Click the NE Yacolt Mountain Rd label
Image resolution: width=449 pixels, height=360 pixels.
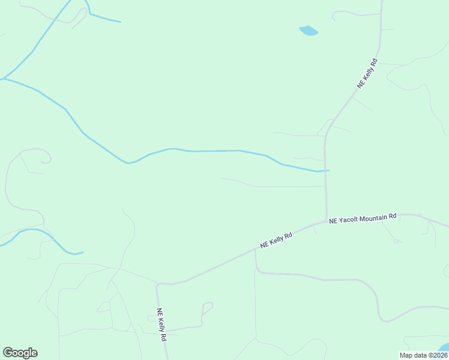363,218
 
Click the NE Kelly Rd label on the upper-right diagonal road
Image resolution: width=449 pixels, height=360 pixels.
367,74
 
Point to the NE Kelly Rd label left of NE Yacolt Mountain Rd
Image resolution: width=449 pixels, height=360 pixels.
276,239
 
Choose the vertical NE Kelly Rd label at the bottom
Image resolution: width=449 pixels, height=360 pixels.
161,325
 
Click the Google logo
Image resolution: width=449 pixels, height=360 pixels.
20,353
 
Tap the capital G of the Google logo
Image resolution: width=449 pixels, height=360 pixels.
7,353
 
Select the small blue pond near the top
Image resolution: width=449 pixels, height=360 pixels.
309,31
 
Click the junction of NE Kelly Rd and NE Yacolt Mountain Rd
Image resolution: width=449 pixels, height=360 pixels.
327,221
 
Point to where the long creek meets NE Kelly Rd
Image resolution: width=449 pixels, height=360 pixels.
325,170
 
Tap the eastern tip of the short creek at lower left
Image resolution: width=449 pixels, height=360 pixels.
83,252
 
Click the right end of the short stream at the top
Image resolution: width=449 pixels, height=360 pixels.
120,22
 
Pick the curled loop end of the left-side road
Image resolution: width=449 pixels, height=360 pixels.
46,158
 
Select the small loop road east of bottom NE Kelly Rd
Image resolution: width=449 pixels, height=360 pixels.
207,307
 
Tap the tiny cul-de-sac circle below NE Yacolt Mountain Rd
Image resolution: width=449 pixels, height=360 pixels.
397,242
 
